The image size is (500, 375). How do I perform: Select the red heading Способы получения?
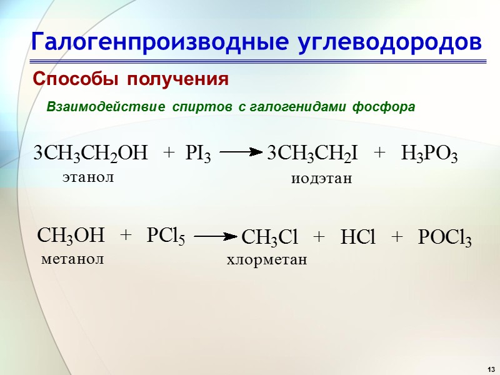coord(131,80)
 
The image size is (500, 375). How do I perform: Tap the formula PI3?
coord(198,154)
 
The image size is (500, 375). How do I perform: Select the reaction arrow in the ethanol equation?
coord(239,151)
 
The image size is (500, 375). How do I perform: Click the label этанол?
coord(88,177)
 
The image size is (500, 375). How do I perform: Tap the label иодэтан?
coord(322,179)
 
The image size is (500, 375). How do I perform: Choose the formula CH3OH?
coord(71,236)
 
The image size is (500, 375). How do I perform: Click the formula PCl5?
coord(166,236)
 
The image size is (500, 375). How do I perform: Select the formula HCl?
coord(357,237)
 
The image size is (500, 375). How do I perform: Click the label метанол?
coord(72,259)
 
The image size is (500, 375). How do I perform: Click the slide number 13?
coord(491,367)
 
